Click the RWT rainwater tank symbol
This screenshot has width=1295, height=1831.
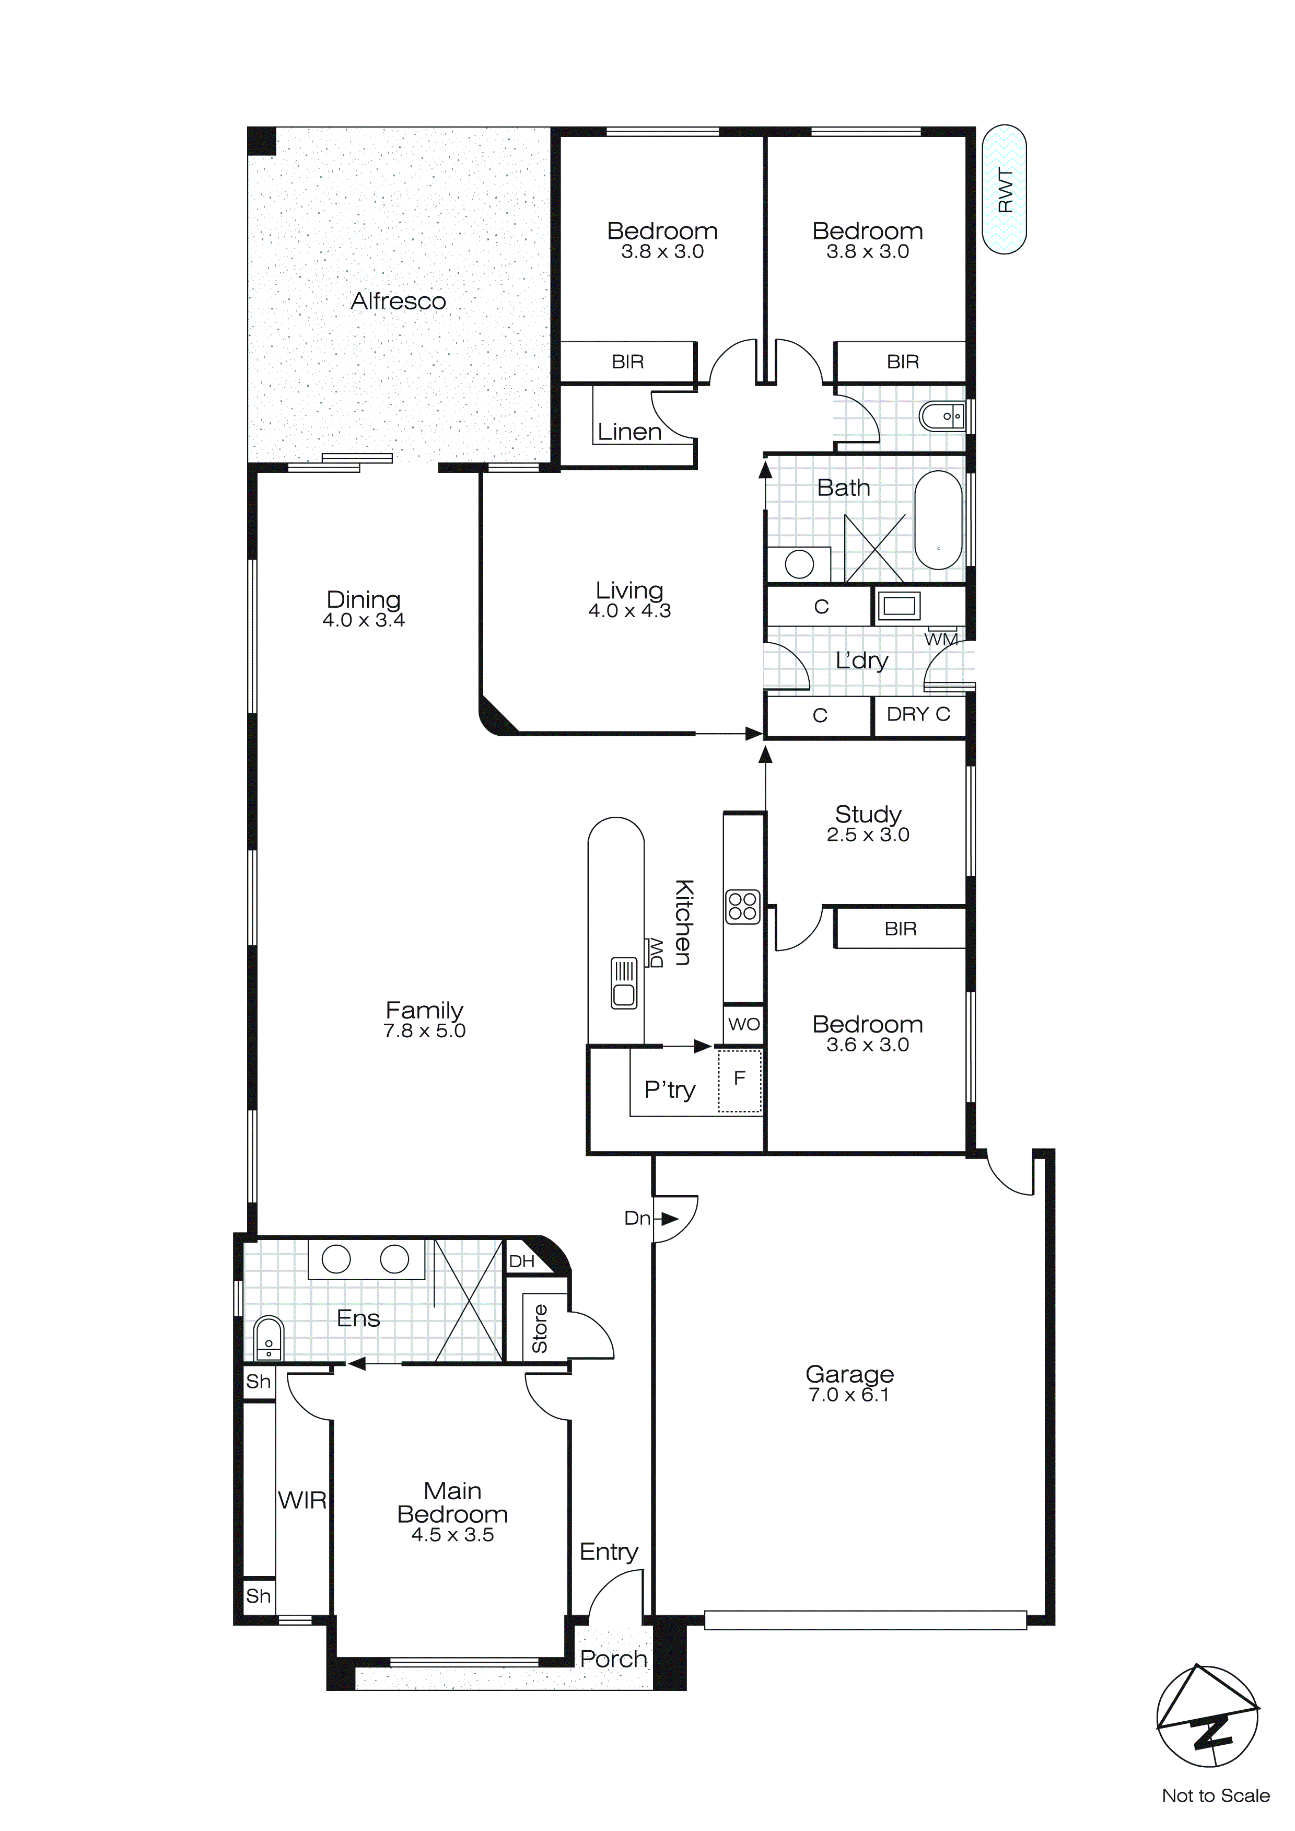1004,190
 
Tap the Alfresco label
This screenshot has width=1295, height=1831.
398,302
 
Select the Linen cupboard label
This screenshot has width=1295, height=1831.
629,432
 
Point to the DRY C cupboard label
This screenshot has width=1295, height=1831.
919,714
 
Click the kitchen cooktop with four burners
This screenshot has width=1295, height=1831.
742,908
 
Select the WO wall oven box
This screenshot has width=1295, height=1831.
743,1025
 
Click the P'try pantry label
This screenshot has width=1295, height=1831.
670,1090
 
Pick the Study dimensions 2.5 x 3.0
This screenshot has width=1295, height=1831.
868,835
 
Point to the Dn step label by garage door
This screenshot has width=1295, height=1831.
637,1219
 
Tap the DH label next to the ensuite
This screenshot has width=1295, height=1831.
521,1261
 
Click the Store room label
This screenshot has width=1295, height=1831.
540,1329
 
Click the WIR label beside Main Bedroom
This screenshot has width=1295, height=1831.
302,1501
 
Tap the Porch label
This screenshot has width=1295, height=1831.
613,1660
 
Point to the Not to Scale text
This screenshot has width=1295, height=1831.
1215,1796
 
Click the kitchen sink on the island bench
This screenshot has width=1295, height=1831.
624,983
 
